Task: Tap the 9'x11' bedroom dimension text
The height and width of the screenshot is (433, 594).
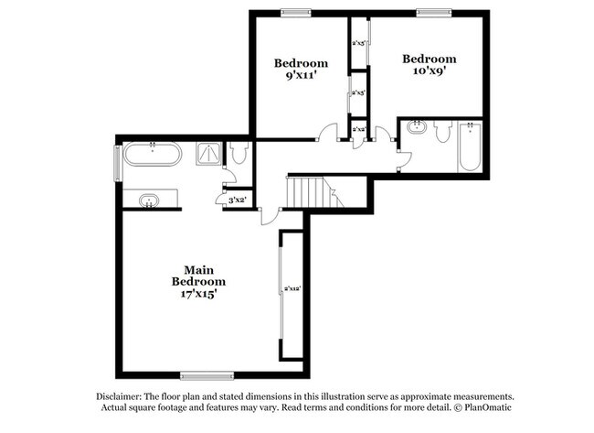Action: click(301, 77)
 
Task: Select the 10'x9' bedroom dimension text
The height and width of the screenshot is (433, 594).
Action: click(429, 72)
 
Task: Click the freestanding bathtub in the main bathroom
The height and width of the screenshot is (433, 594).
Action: click(154, 154)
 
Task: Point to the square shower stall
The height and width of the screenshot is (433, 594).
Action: click(209, 154)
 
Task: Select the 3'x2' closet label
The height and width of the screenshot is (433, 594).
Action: click(238, 200)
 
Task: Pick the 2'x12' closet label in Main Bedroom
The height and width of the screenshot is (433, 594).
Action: click(292, 289)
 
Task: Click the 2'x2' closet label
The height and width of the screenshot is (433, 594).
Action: click(359, 130)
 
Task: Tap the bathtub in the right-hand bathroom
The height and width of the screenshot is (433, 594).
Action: click(471, 149)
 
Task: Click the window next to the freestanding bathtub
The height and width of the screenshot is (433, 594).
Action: click(116, 162)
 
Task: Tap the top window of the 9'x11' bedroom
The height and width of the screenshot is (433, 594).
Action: click(294, 12)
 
